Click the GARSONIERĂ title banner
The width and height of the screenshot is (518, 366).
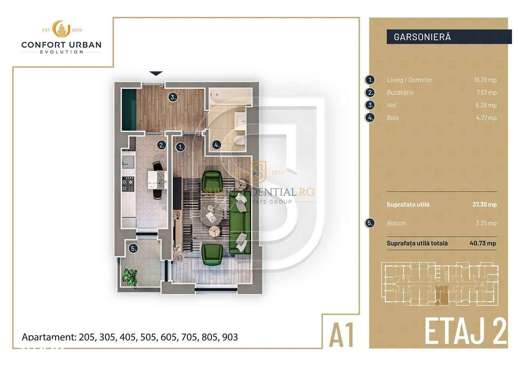point(447,36)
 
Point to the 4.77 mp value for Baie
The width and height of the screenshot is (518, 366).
point(487,118)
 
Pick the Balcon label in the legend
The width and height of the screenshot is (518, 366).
point(396,223)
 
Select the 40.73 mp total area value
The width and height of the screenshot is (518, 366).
point(486,243)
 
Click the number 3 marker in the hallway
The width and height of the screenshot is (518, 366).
point(173,97)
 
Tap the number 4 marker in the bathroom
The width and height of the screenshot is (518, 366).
point(217,145)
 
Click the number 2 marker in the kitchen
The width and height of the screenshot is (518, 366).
point(161,145)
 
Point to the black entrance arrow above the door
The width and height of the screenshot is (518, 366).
point(156,74)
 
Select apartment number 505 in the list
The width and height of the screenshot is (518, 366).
point(146,337)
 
